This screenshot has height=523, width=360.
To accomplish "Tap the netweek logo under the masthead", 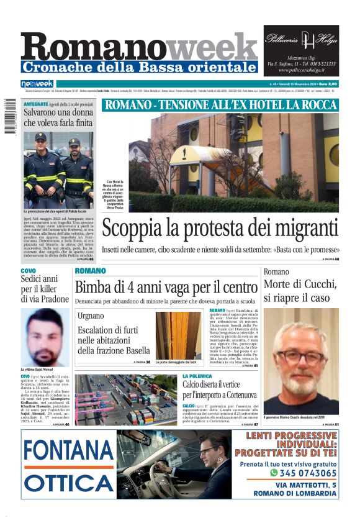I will (x=37, y=84).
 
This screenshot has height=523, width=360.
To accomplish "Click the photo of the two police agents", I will (x=58, y=168).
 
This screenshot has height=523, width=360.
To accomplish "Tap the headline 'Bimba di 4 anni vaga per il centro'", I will (x=166, y=287).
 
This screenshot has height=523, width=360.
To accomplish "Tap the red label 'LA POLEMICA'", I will (x=198, y=376).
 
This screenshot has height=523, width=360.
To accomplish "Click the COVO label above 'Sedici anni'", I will (x=29, y=271).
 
